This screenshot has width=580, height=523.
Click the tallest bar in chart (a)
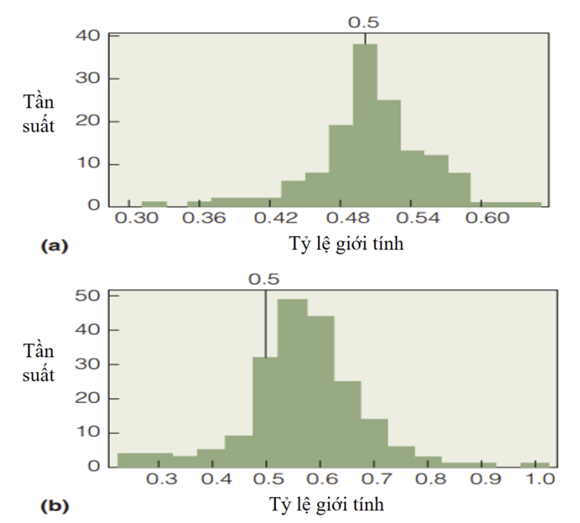click(365, 126)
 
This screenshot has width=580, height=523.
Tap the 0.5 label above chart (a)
click(364, 22)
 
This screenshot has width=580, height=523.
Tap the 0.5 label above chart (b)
click(264, 279)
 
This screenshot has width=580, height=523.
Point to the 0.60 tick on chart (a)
click(501, 220)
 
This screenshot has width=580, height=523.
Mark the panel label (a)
click(53, 245)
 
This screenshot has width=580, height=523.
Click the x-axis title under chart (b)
click(326, 503)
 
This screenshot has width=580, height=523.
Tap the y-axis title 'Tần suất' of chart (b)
click(40, 362)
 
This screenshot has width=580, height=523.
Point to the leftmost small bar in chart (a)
click(154, 204)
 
